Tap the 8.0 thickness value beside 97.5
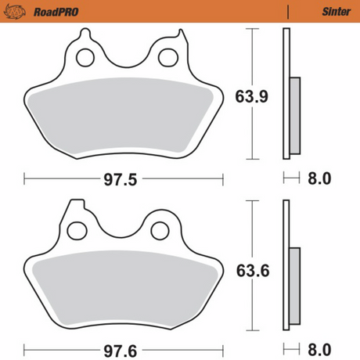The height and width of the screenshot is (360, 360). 319,179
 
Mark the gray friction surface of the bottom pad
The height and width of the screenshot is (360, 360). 121,290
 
